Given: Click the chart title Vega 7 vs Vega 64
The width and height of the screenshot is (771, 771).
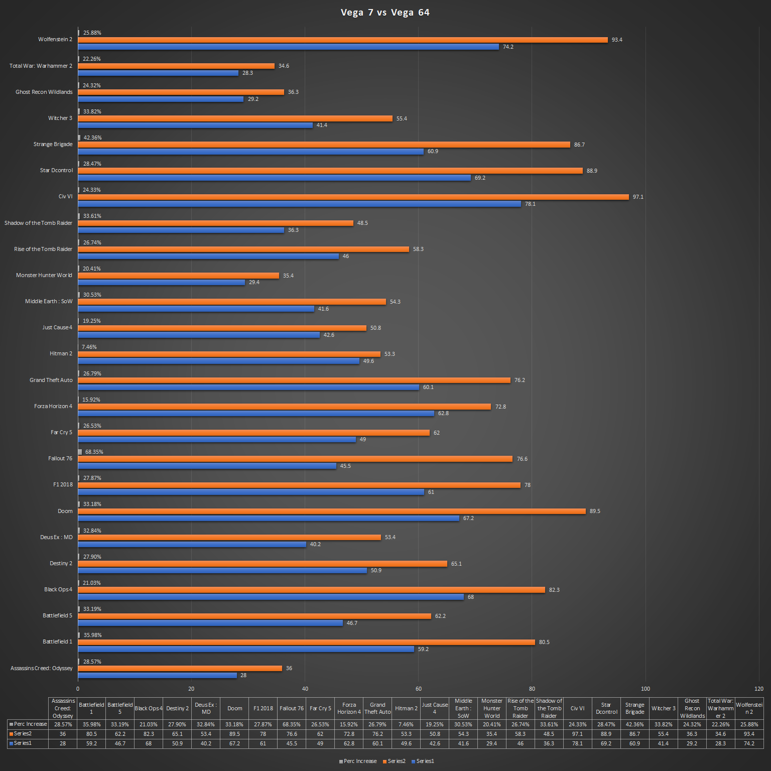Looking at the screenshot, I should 385,13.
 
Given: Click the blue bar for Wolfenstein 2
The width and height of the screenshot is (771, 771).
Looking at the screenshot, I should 288,47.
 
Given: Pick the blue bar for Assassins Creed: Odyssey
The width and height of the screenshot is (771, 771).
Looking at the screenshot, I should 157,675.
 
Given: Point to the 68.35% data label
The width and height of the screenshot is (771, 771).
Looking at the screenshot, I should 94,452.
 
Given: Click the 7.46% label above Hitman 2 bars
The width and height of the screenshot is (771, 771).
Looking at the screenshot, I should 89,347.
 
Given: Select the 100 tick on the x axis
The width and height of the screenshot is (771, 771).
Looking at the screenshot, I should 646,689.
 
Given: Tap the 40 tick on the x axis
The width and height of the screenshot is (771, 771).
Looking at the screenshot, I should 305,689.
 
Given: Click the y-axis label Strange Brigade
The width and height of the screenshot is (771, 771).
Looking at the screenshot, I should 53,144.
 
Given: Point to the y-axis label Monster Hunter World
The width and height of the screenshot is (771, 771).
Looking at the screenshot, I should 44,275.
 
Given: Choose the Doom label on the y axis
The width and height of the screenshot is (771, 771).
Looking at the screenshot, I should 65,511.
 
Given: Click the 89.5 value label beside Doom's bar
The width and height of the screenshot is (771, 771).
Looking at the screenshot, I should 595,511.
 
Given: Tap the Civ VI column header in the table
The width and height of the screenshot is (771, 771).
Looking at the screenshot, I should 577,708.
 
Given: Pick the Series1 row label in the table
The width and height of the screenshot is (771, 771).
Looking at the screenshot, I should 23,743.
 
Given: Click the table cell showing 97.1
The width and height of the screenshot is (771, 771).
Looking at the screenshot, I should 577,734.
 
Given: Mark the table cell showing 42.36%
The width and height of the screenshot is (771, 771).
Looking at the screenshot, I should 634,724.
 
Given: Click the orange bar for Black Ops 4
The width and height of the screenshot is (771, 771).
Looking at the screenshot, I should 311,590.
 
